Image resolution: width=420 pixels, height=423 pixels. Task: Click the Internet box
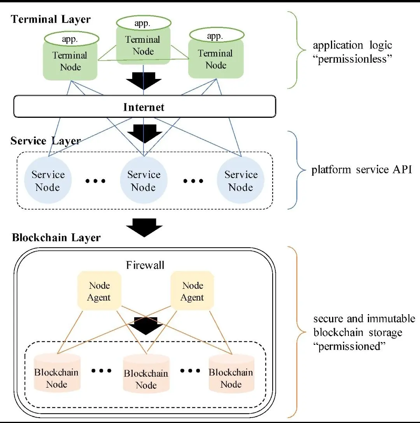tap(144, 107)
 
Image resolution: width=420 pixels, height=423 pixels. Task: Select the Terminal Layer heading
tap(51, 19)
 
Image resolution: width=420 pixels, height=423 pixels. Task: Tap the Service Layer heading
tap(45, 141)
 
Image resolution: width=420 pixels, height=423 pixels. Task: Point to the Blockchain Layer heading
tap(56, 238)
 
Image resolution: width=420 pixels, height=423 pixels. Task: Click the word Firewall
tap(145, 265)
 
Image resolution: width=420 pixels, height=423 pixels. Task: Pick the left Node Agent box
tap(100, 291)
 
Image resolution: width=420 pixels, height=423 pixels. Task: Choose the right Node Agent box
tap(193, 291)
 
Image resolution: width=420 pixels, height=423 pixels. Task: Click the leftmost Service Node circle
tap(47, 181)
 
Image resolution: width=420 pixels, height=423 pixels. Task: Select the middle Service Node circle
tap(143, 181)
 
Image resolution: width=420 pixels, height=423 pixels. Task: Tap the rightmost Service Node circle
tap(241, 181)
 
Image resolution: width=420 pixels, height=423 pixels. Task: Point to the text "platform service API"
tap(361, 170)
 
